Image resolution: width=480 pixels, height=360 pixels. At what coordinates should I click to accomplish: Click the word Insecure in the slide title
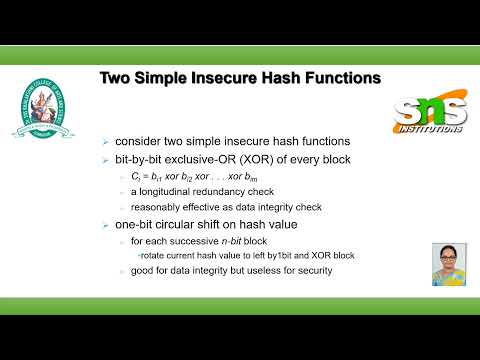click(229, 77)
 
